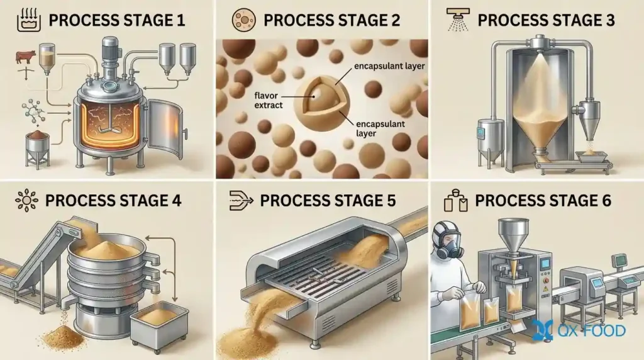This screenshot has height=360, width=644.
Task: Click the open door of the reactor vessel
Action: coord(165,130)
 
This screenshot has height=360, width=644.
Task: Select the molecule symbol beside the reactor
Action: coord(33,111)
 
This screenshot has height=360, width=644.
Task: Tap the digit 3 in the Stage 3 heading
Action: coord(610,20)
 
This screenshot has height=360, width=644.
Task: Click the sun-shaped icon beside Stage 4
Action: coord(26,201)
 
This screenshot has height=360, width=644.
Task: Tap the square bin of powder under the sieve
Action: coord(158,325)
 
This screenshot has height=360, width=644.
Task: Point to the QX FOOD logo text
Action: coord(591,330)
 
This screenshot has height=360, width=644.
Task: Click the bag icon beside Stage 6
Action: coord(456,201)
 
